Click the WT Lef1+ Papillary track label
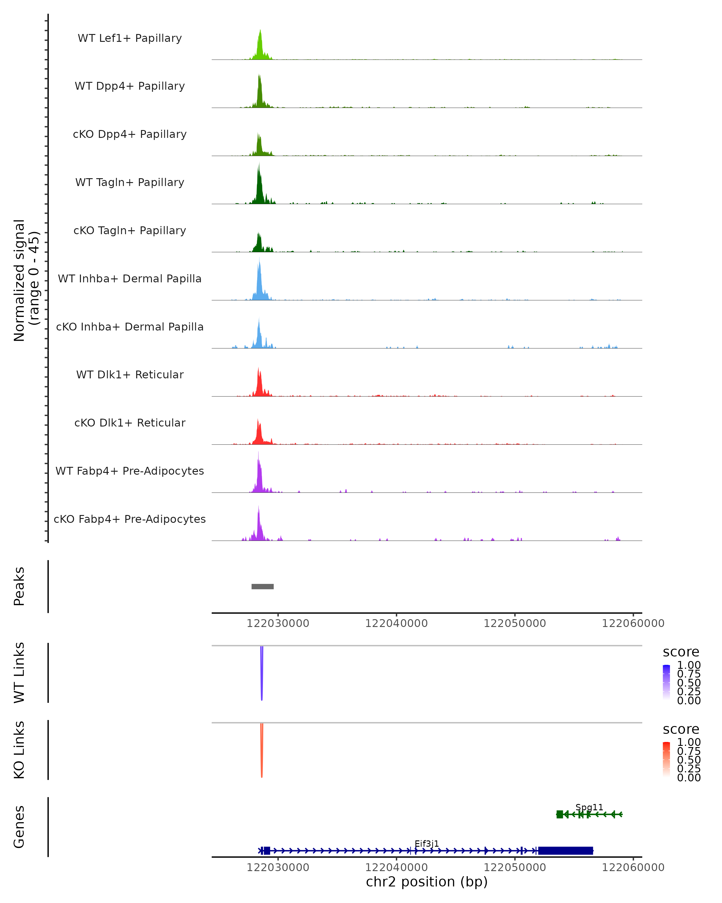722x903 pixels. (x=130, y=38)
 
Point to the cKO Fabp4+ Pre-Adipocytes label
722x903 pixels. (x=130, y=519)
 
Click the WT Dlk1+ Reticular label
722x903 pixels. (x=130, y=375)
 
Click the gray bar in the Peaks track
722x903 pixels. (x=262, y=586)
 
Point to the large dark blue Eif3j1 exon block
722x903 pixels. (x=565, y=851)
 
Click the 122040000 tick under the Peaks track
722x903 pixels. (x=396, y=623)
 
